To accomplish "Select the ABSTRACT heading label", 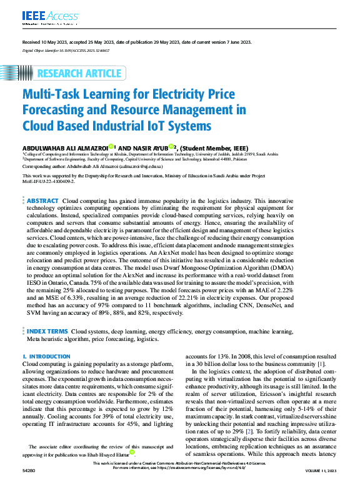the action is [42, 201].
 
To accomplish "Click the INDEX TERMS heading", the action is [47, 330].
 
